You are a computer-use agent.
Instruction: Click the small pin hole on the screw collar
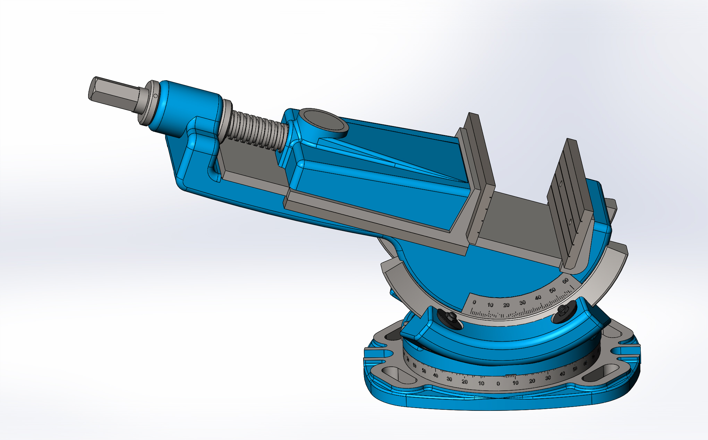pos(155,96)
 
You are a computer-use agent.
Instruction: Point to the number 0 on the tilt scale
pos(474,302)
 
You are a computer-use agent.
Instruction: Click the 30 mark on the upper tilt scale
pos(522,303)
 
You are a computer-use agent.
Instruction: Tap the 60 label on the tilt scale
pos(565,281)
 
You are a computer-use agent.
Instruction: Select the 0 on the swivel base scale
pos(498,384)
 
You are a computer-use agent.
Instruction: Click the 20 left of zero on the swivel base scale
pos(464,382)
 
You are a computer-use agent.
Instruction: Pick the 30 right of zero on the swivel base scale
pos(548,378)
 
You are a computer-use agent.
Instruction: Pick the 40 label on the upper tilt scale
pos(538,298)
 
